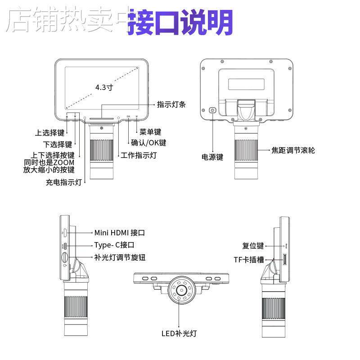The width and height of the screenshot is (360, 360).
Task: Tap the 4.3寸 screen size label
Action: click(104, 87)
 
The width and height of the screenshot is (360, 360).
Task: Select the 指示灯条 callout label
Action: click(171, 104)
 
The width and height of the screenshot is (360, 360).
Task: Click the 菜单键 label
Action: click(150, 132)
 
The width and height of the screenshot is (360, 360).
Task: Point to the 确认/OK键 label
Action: click(148, 143)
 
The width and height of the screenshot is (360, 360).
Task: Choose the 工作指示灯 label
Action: click(139, 155)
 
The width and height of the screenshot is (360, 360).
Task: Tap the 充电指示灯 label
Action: click(64, 182)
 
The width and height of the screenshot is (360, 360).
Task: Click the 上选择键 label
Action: click(50, 133)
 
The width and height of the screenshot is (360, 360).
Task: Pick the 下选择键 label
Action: click(58, 144)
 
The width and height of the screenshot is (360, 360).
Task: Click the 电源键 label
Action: click(212, 157)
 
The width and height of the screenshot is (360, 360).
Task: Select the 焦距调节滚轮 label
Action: click(293, 150)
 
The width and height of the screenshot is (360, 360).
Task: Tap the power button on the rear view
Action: click(213, 110)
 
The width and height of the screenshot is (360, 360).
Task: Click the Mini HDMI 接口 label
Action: click(119, 233)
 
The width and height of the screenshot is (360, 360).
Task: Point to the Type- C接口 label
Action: click(114, 245)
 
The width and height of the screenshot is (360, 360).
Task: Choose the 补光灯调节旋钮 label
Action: click(120, 257)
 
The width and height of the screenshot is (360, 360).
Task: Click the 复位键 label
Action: click(253, 246)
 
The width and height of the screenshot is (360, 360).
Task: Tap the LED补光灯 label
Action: click(179, 333)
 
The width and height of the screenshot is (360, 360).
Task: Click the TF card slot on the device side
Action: click(285, 260)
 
